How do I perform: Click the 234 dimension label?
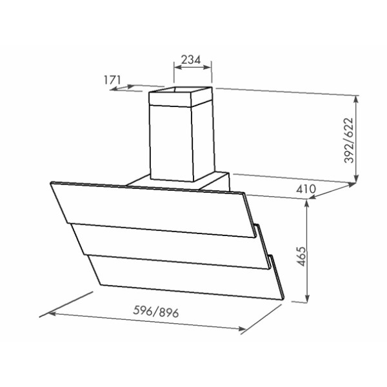point(191,60)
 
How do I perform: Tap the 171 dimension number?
point(112,80)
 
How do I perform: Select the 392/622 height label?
point(349,141)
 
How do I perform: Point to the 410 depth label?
point(306,189)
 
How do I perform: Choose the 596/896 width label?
point(155,312)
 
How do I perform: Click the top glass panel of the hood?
point(152,210)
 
